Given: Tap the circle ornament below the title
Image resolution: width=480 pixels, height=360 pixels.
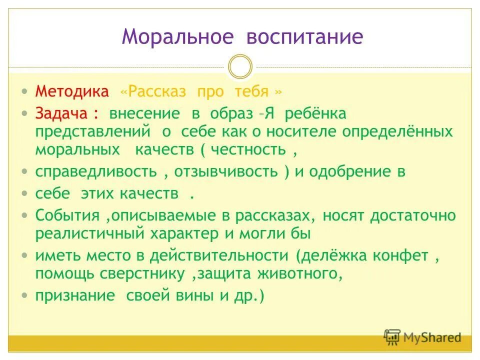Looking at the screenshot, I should click(x=240, y=67).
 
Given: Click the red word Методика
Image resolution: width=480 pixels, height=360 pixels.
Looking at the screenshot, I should click(x=71, y=92).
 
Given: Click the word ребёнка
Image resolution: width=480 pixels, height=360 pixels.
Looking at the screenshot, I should click(x=315, y=113).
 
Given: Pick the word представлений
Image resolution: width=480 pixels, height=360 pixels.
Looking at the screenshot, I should click(x=93, y=131).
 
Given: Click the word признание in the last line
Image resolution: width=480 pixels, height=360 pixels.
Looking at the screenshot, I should click(x=74, y=295).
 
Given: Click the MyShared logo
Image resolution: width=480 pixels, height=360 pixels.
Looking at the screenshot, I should click(x=422, y=337).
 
